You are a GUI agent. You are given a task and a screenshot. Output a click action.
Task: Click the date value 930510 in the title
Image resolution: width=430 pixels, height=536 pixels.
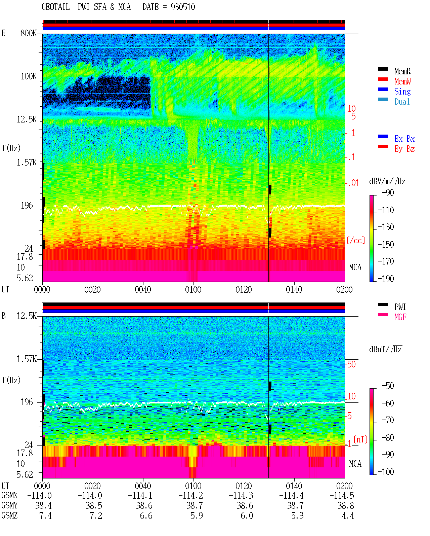pos(182,7)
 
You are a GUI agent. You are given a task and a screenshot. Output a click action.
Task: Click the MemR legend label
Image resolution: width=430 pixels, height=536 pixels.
pos(402,71)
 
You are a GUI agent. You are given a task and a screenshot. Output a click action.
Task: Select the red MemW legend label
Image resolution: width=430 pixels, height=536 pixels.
pos(402,81)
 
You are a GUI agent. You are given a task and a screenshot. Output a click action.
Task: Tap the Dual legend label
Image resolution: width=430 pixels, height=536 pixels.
pos(402,102)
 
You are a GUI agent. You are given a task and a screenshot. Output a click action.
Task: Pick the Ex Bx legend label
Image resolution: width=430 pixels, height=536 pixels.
pos(404,139)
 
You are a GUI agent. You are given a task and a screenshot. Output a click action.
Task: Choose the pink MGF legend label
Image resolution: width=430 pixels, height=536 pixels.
pos(400,317)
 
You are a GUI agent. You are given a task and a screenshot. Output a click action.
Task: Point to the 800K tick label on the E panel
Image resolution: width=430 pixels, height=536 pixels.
pos(28,33)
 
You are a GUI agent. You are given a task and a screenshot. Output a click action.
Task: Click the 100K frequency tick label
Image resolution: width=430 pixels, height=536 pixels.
pos(28,76)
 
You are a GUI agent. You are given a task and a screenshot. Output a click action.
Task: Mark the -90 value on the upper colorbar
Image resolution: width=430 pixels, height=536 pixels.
pos(388,192)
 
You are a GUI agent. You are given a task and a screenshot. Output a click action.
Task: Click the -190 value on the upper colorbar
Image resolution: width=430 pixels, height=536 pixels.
pos(386,279)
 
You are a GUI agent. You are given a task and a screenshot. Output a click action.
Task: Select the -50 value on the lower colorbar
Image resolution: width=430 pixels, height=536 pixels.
pos(388,386)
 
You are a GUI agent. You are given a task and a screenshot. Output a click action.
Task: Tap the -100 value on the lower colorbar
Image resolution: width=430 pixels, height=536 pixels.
pos(386,472)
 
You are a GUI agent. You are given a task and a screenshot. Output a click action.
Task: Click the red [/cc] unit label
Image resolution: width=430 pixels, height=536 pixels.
pos(356,240)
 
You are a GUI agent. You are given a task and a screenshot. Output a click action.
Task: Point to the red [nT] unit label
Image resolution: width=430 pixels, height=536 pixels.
pos(360,439)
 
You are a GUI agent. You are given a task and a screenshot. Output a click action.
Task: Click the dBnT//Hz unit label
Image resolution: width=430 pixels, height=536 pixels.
pos(386,349)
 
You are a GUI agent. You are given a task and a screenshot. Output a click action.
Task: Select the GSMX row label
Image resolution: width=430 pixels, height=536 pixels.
pos(9,495)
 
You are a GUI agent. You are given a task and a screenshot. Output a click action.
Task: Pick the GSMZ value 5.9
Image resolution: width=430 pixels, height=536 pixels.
pos(197,515)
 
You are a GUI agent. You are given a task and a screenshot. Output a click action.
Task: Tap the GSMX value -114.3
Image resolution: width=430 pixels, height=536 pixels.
pos(241,495)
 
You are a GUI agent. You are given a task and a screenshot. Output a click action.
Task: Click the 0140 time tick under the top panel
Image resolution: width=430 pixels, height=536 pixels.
pos(294,289)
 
